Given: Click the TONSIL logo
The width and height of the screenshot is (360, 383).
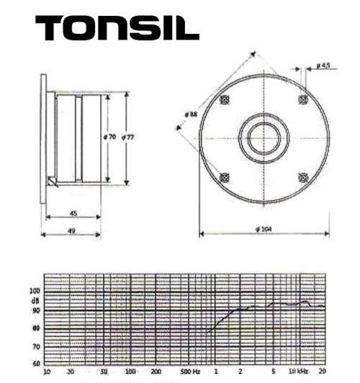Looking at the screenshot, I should click(x=117, y=28).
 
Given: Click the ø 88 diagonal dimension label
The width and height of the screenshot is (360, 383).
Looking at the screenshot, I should click(x=191, y=114).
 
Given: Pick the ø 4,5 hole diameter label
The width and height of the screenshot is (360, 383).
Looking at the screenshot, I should click(x=323, y=67).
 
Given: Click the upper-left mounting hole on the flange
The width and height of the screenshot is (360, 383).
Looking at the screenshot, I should click(x=225, y=99).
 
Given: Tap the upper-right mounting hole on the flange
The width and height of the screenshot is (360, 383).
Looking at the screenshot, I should click(x=303, y=99).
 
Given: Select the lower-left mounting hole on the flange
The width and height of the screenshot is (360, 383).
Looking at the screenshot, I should click(x=225, y=177).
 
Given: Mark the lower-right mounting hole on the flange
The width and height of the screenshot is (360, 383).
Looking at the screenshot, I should click(x=303, y=177).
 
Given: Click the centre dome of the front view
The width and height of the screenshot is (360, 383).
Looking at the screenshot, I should click(x=264, y=138).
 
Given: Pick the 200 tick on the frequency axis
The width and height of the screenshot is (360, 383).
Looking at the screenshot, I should click(x=156, y=372).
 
